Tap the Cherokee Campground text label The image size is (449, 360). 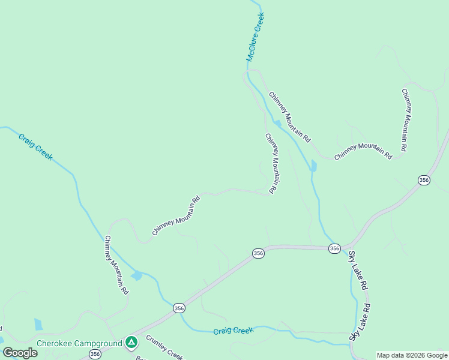pyautogui.click(x=80, y=344)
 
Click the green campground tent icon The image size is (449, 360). pyautogui.click(x=131, y=343)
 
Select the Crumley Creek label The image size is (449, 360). pyautogui.click(x=164, y=347)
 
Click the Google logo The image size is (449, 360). pyautogui.click(x=20, y=353)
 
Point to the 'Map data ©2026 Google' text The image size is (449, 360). pyautogui.click(x=412, y=355)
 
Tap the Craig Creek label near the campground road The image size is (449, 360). pyautogui.click(x=234, y=331)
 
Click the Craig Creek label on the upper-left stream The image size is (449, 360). pyautogui.click(x=35, y=147)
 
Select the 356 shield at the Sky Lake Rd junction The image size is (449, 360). pyautogui.click(x=334, y=248)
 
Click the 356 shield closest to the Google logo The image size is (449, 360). pyautogui.click(x=95, y=355)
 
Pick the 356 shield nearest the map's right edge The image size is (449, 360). pyautogui.click(x=424, y=180)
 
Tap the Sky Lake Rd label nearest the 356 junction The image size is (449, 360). pyautogui.click(x=358, y=271)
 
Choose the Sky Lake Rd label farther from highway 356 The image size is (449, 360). pyautogui.click(x=362, y=320)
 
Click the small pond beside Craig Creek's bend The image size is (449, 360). pyautogui.click(x=137, y=275)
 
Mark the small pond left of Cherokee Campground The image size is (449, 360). pyautogui.click(x=38, y=325)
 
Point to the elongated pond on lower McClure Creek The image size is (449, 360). pyautogui.click(x=313, y=166)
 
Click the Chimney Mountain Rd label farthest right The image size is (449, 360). pyautogui.click(x=405, y=119)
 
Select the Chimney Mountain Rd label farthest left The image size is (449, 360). pyautogui.click(x=116, y=265)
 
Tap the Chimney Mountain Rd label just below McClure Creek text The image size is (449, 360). pyautogui.click(x=289, y=116)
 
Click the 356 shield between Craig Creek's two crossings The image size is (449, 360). pyautogui.click(x=179, y=308)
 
